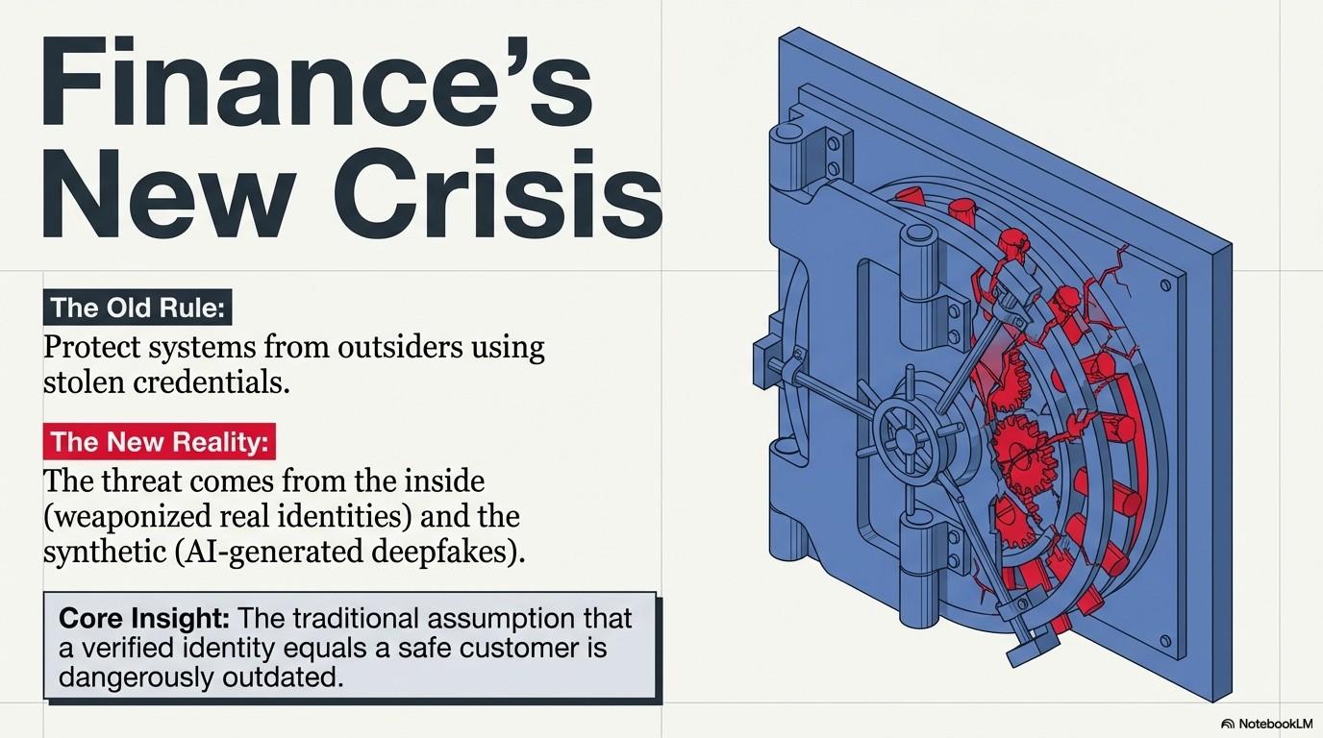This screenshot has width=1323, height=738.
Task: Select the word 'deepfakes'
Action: [449, 553]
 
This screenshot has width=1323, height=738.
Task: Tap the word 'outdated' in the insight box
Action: [287, 677]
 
